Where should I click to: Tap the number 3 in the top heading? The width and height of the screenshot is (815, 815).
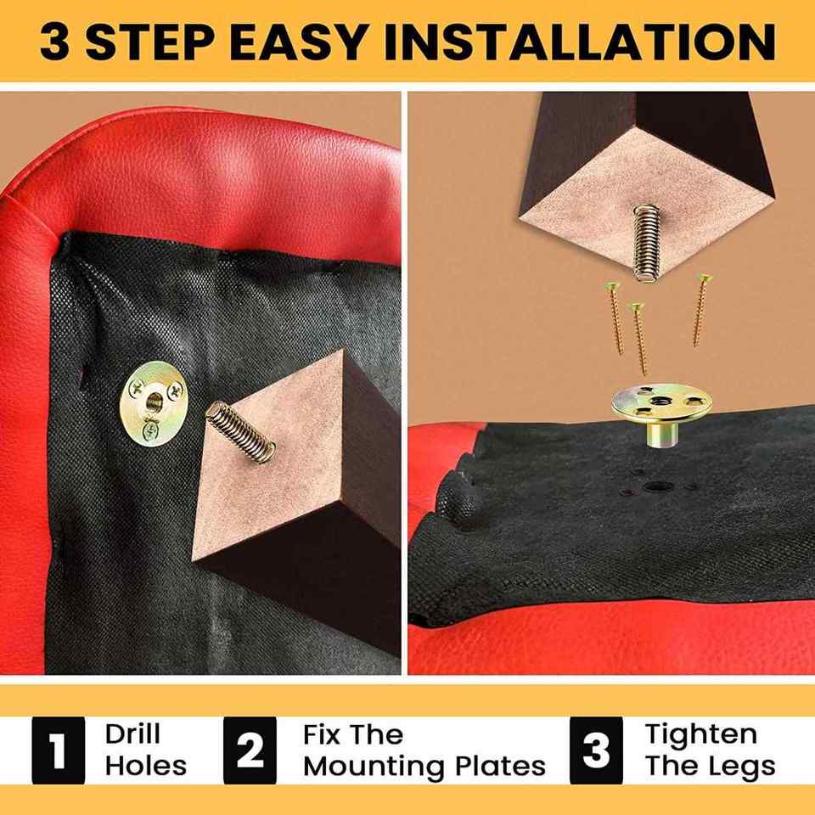point(54,41)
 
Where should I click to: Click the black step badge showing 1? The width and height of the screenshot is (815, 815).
point(59,750)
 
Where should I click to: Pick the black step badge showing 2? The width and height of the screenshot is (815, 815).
point(250,750)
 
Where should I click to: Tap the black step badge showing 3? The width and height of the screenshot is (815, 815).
point(596,750)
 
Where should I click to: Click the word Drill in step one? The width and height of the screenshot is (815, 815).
point(132,733)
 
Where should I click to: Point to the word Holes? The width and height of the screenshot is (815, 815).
point(145,766)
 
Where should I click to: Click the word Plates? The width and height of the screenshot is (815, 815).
point(501,766)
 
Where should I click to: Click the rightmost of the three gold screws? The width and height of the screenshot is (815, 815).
point(701,310)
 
